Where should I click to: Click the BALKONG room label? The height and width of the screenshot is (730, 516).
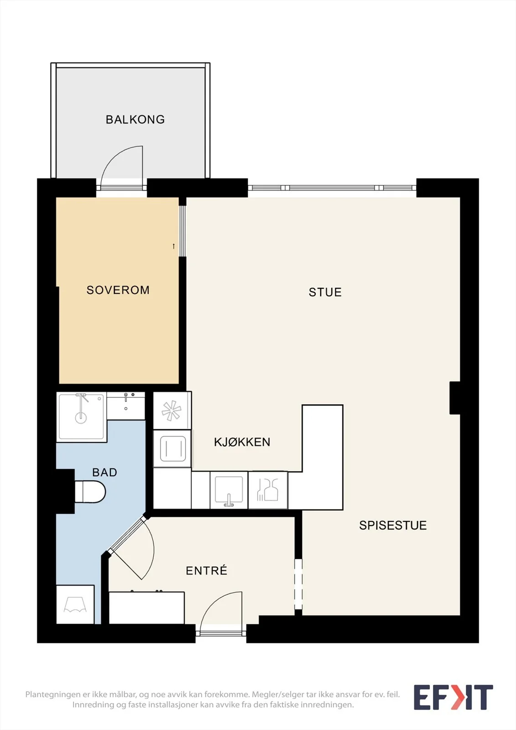pos(136,120)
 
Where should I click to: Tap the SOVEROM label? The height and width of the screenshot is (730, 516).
pos(118,290)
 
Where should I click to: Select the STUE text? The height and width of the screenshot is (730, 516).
pos(325,292)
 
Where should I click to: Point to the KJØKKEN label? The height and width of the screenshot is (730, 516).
pos(242,442)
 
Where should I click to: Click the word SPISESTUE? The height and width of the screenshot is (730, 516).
pos(393,525)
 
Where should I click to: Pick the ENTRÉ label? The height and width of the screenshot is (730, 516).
pos(206,570)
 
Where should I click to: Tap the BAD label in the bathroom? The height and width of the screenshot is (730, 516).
pos(104,472)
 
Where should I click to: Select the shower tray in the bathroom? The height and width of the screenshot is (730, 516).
pos(82,417)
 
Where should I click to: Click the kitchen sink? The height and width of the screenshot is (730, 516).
pos(229,490)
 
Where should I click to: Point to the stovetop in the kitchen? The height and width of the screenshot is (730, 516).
pos(172,449)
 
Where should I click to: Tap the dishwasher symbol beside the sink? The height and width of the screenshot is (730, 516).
pos(268,490)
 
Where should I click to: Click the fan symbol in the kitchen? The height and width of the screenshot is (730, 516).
pos(172,410)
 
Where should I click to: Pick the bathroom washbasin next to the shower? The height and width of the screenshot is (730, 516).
pos(126,406)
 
